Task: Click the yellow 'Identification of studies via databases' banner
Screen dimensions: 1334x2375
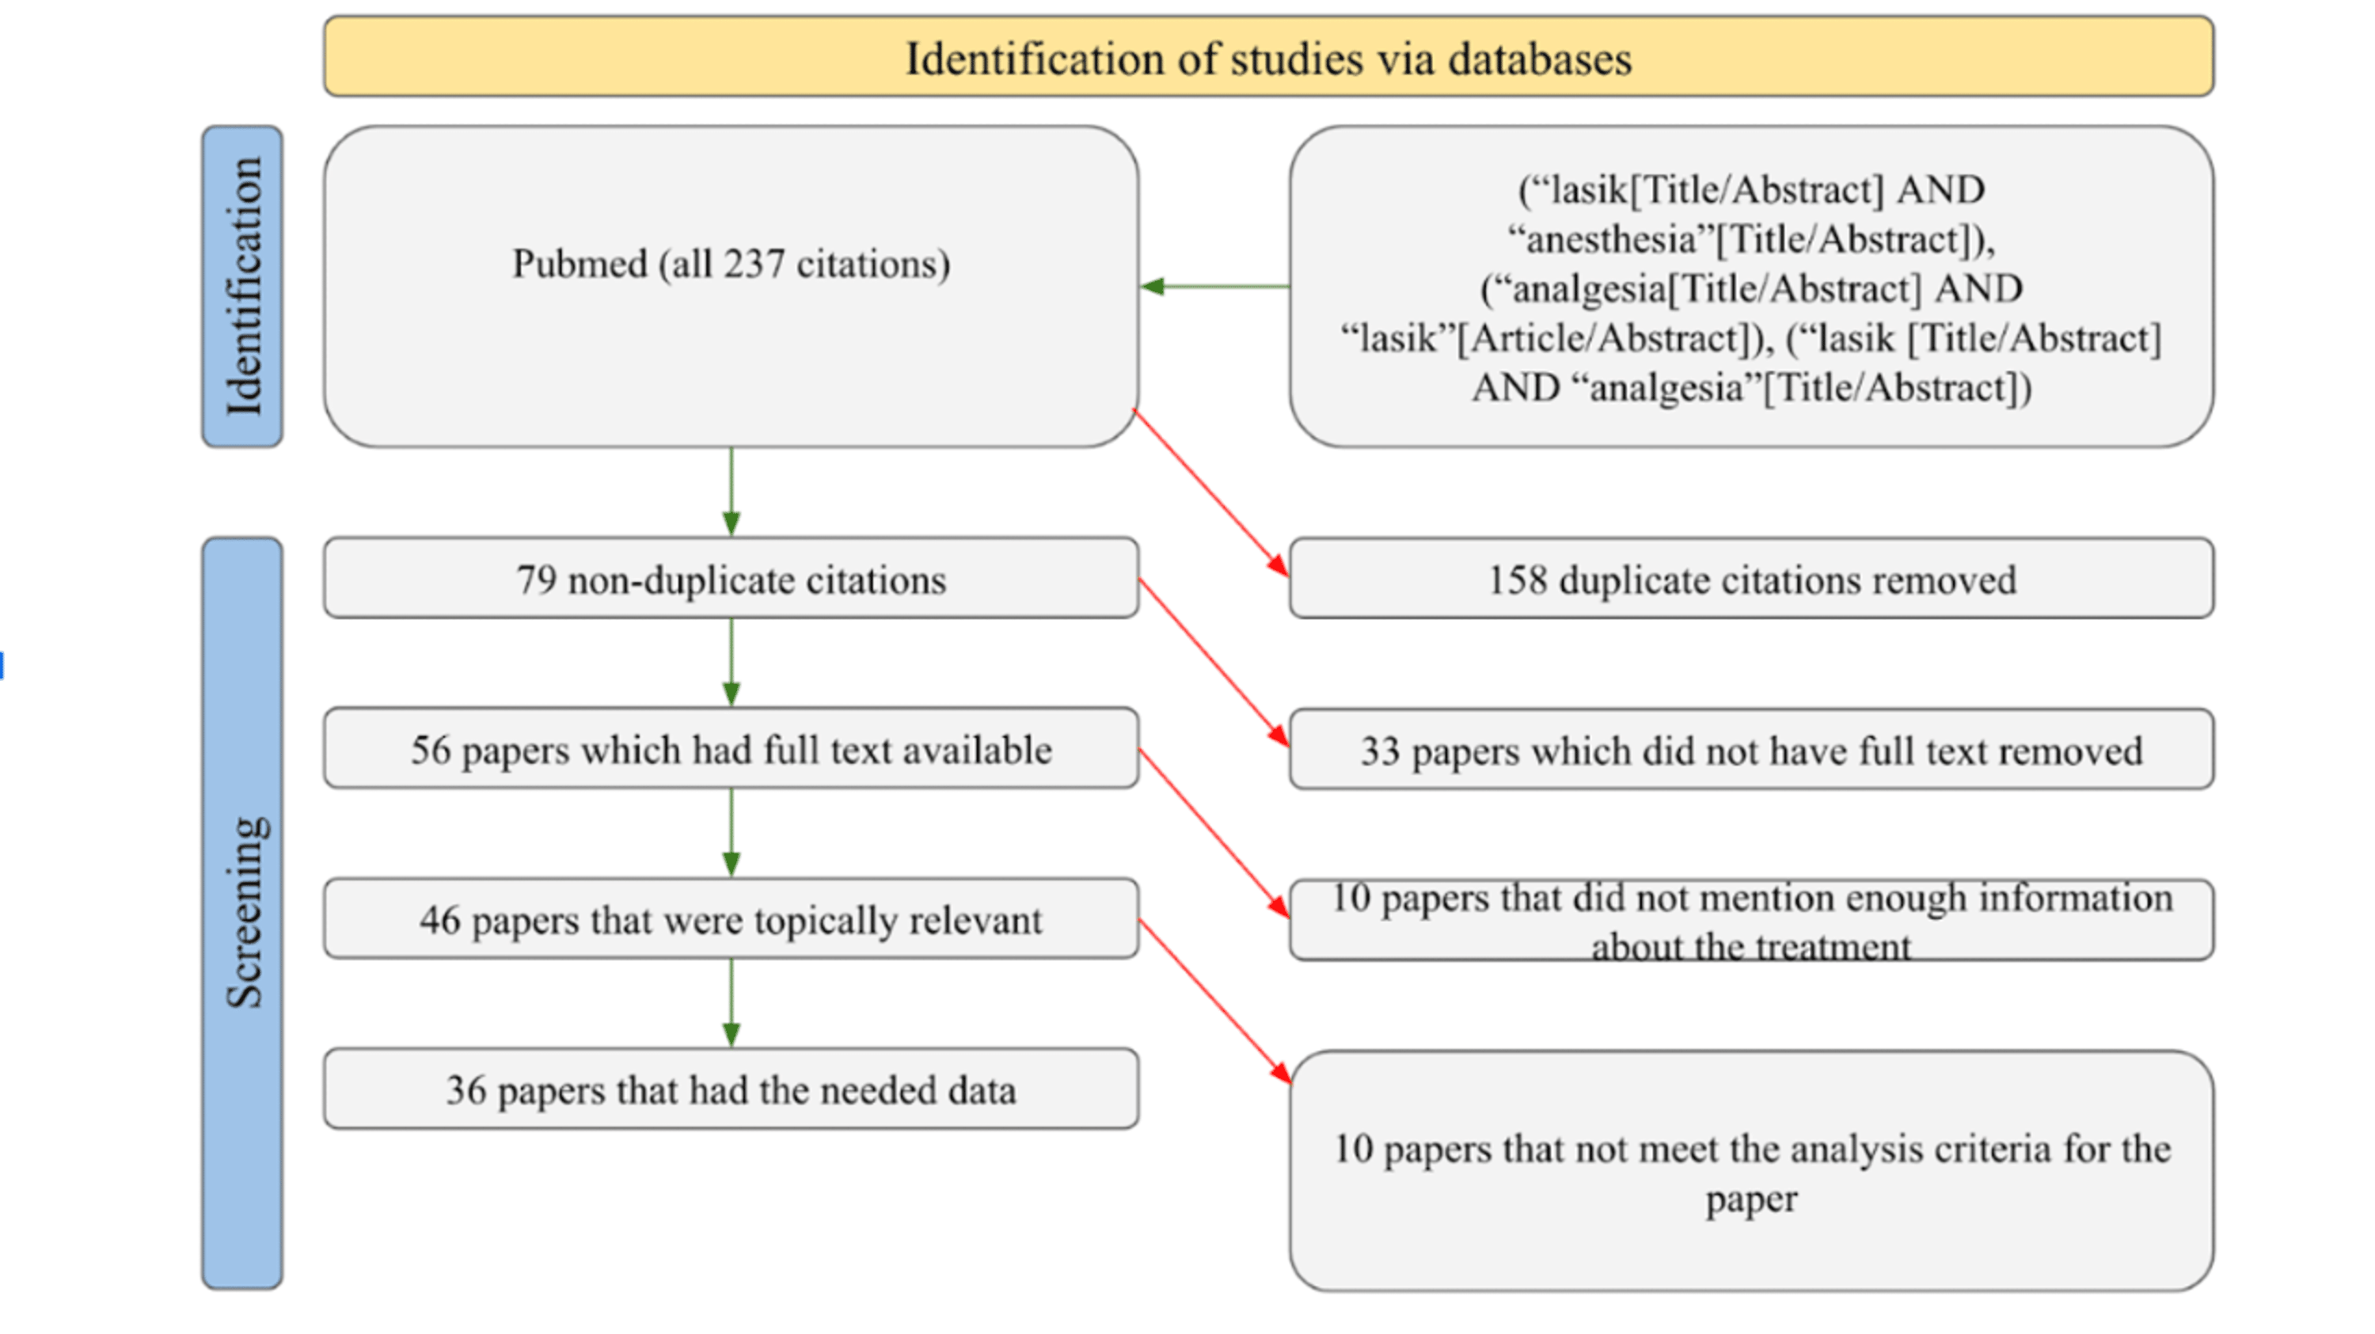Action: coord(1267,57)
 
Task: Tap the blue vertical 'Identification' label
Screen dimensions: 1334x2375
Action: coord(242,287)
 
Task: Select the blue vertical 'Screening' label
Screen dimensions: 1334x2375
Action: coord(242,913)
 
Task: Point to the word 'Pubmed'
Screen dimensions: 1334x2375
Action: coord(580,264)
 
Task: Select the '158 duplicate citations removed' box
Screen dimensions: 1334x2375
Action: coord(1751,579)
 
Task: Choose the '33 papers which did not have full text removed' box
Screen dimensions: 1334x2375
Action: coord(1751,751)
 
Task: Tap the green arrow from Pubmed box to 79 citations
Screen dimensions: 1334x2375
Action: coord(731,492)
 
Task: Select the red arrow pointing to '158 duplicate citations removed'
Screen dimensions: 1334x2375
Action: coord(1211,494)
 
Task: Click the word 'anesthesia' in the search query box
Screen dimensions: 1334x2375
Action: coord(1611,241)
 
